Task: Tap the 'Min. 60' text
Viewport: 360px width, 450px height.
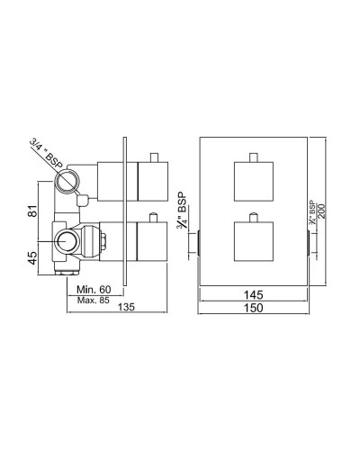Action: [94, 288]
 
